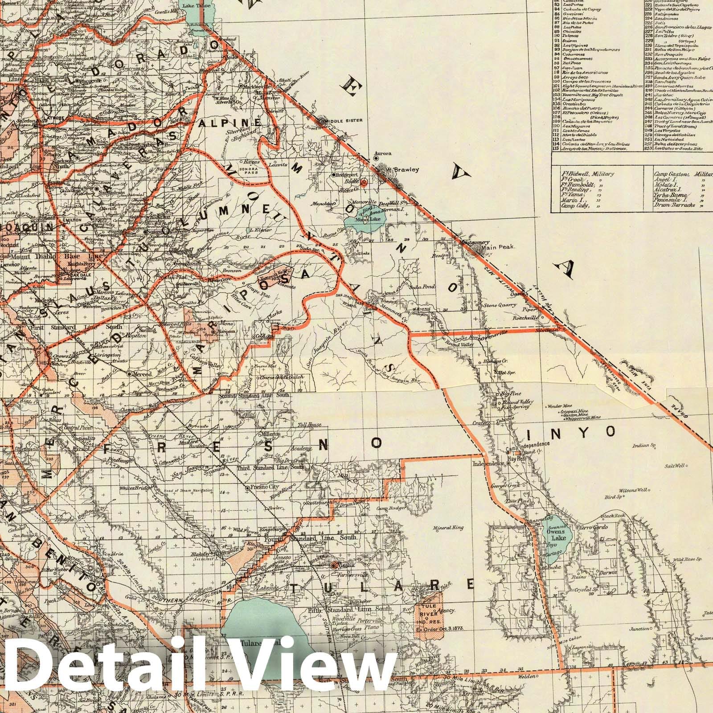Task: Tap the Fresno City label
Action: pos(265,488)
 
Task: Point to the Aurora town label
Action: pos(383,153)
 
